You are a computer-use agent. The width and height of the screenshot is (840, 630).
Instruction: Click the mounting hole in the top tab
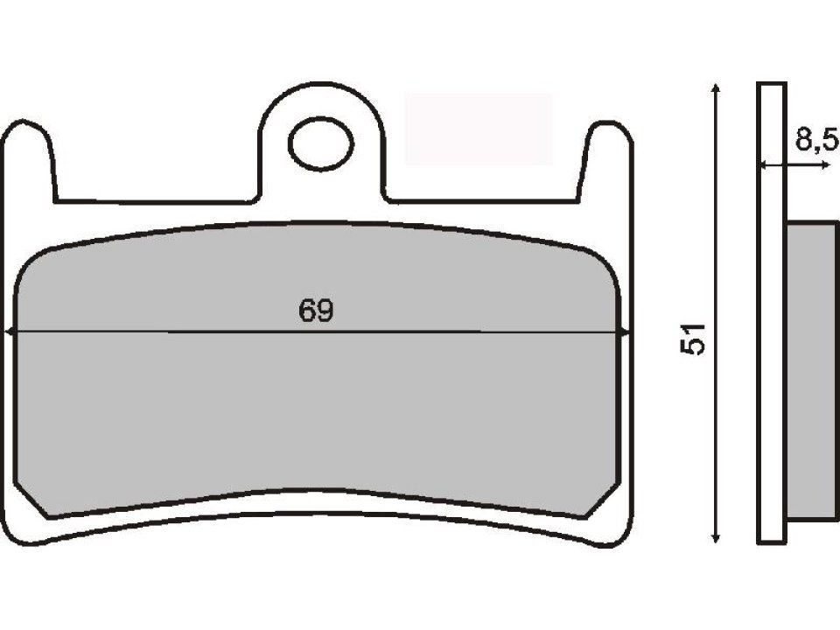[320, 145]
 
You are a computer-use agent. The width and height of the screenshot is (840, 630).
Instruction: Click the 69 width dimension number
[317, 311]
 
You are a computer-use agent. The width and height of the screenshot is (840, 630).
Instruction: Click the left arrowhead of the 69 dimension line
[10, 332]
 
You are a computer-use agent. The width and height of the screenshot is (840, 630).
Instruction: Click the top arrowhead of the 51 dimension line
[717, 88]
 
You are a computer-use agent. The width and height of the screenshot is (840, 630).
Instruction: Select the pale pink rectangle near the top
[479, 129]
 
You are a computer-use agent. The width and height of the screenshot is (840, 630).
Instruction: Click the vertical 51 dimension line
[717, 262]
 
